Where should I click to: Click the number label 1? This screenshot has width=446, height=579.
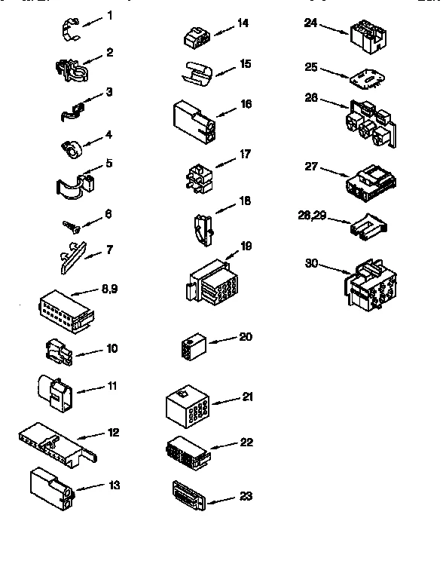tap(110, 15)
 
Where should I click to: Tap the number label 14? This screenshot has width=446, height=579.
tap(243, 23)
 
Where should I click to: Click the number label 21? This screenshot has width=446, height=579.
tap(248, 397)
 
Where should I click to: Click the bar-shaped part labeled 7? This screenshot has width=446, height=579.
tap(72, 257)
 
